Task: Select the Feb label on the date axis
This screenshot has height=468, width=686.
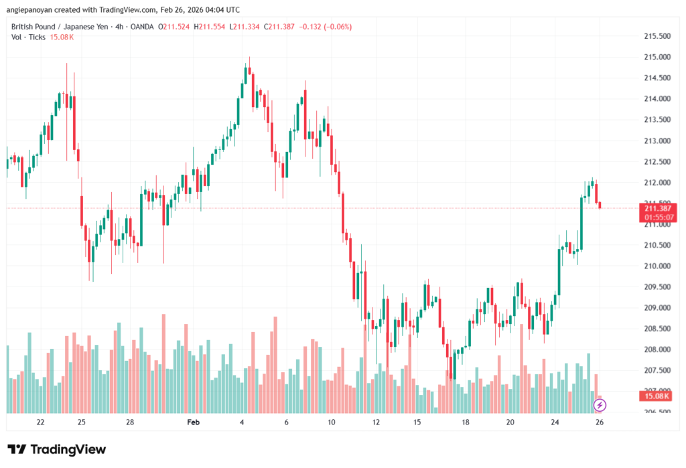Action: pos(194,422)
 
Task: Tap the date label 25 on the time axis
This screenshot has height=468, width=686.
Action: pos(81,422)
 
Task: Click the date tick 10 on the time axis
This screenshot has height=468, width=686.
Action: pos(331,422)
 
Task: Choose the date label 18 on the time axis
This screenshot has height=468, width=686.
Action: pos(465,422)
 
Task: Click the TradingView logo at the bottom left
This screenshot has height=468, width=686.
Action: pos(57,449)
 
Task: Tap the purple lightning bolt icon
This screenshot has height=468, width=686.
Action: pos(600,405)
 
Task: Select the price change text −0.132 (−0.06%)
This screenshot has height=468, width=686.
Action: pos(324,27)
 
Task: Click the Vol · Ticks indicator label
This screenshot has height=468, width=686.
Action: pos(28,37)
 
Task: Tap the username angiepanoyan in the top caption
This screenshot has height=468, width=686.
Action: pos(31,10)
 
